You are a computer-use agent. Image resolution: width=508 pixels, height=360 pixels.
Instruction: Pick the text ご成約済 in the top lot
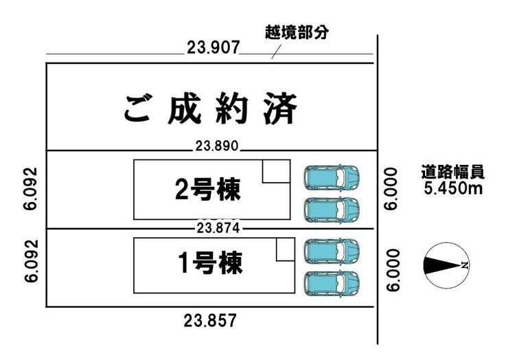211,109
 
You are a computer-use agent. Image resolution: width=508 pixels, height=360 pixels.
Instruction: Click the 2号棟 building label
208,190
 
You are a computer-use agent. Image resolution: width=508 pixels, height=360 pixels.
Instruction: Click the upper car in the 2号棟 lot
332,177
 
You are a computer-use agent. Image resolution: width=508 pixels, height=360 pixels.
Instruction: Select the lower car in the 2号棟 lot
332,208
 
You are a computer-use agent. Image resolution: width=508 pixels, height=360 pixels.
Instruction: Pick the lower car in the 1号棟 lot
332,281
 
